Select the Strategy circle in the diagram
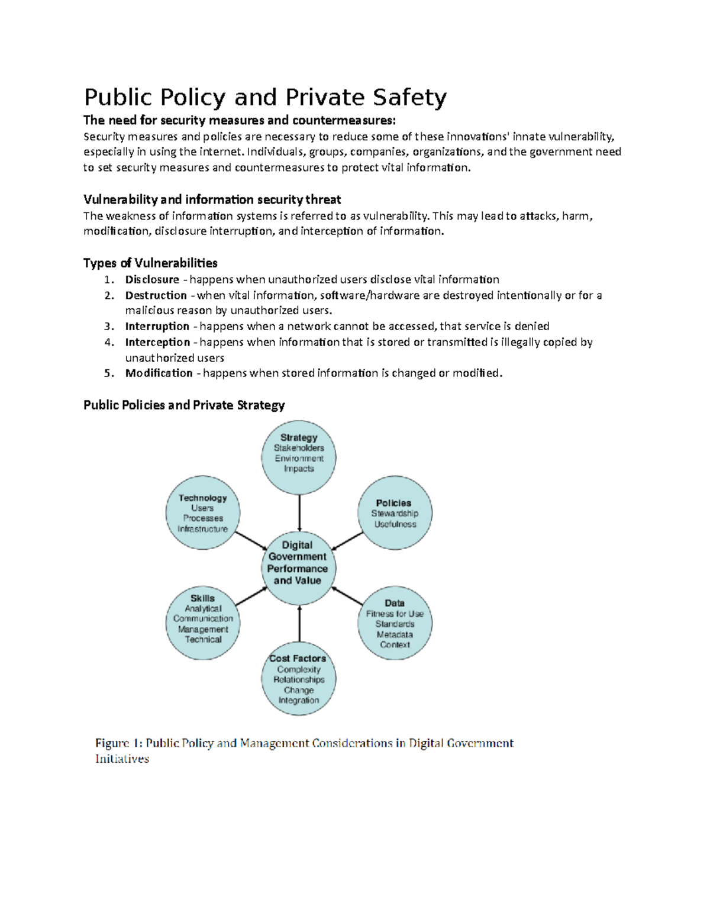(299, 457)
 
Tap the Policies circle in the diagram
(395, 513)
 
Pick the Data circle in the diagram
(395, 623)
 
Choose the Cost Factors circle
(299, 679)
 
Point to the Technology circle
(203, 513)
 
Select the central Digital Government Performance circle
(298, 568)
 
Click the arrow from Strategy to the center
(299, 512)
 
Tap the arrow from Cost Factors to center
(299, 624)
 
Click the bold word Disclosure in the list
(152, 279)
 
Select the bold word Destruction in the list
(156, 295)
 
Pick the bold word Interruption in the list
(157, 326)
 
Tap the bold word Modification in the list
(159, 373)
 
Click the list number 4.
(108, 342)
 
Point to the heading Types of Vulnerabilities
(150, 263)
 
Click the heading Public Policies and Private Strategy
(184, 405)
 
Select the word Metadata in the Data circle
(395, 634)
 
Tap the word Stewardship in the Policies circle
(395, 513)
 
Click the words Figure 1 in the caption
(118, 743)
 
